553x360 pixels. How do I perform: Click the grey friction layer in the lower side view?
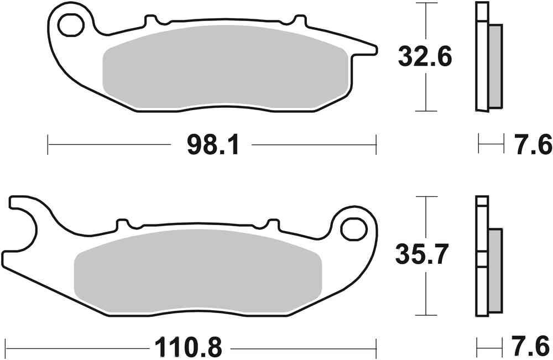coord(495,271)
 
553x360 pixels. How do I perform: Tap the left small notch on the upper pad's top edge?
coord(149,20)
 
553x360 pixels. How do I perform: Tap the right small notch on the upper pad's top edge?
coord(300,20)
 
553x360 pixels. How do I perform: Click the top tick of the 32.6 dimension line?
coord(425,3)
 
